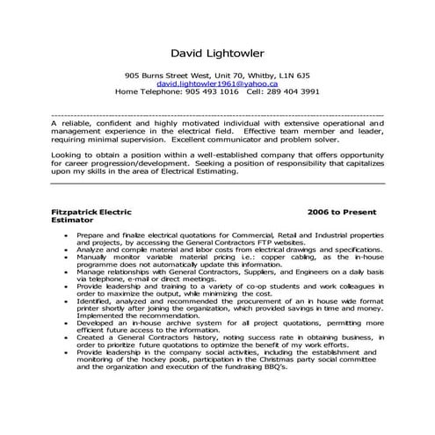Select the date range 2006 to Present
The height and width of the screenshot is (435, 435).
click(342, 213)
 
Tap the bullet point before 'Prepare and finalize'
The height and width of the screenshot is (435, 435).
click(68, 236)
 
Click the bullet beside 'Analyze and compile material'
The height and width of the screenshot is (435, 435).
click(68, 250)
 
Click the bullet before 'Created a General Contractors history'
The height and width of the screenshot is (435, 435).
click(68, 337)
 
